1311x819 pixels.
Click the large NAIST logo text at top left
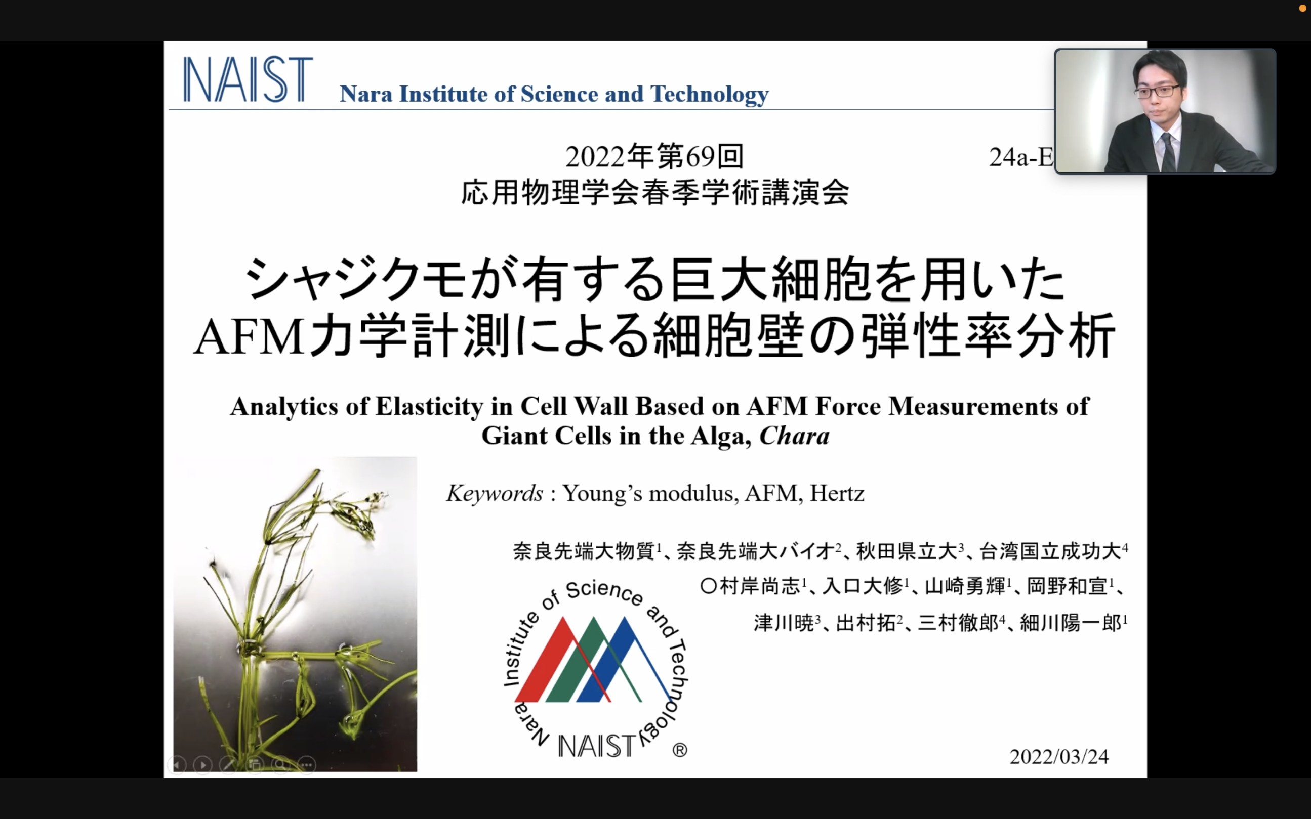tap(248, 79)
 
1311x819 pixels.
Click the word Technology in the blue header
tap(710, 95)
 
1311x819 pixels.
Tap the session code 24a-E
tap(1021, 158)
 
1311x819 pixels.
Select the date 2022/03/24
tap(1059, 757)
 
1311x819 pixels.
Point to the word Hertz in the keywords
tap(837, 493)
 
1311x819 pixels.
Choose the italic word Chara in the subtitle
tap(794, 436)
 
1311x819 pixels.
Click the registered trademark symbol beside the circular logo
tap(680, 750)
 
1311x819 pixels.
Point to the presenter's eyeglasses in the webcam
tap(1156, 91)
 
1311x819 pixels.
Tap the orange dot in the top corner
tap(1303, 8)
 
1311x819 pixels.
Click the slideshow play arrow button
tap(202, 765)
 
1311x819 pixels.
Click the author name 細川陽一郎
tap(1071, 623)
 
